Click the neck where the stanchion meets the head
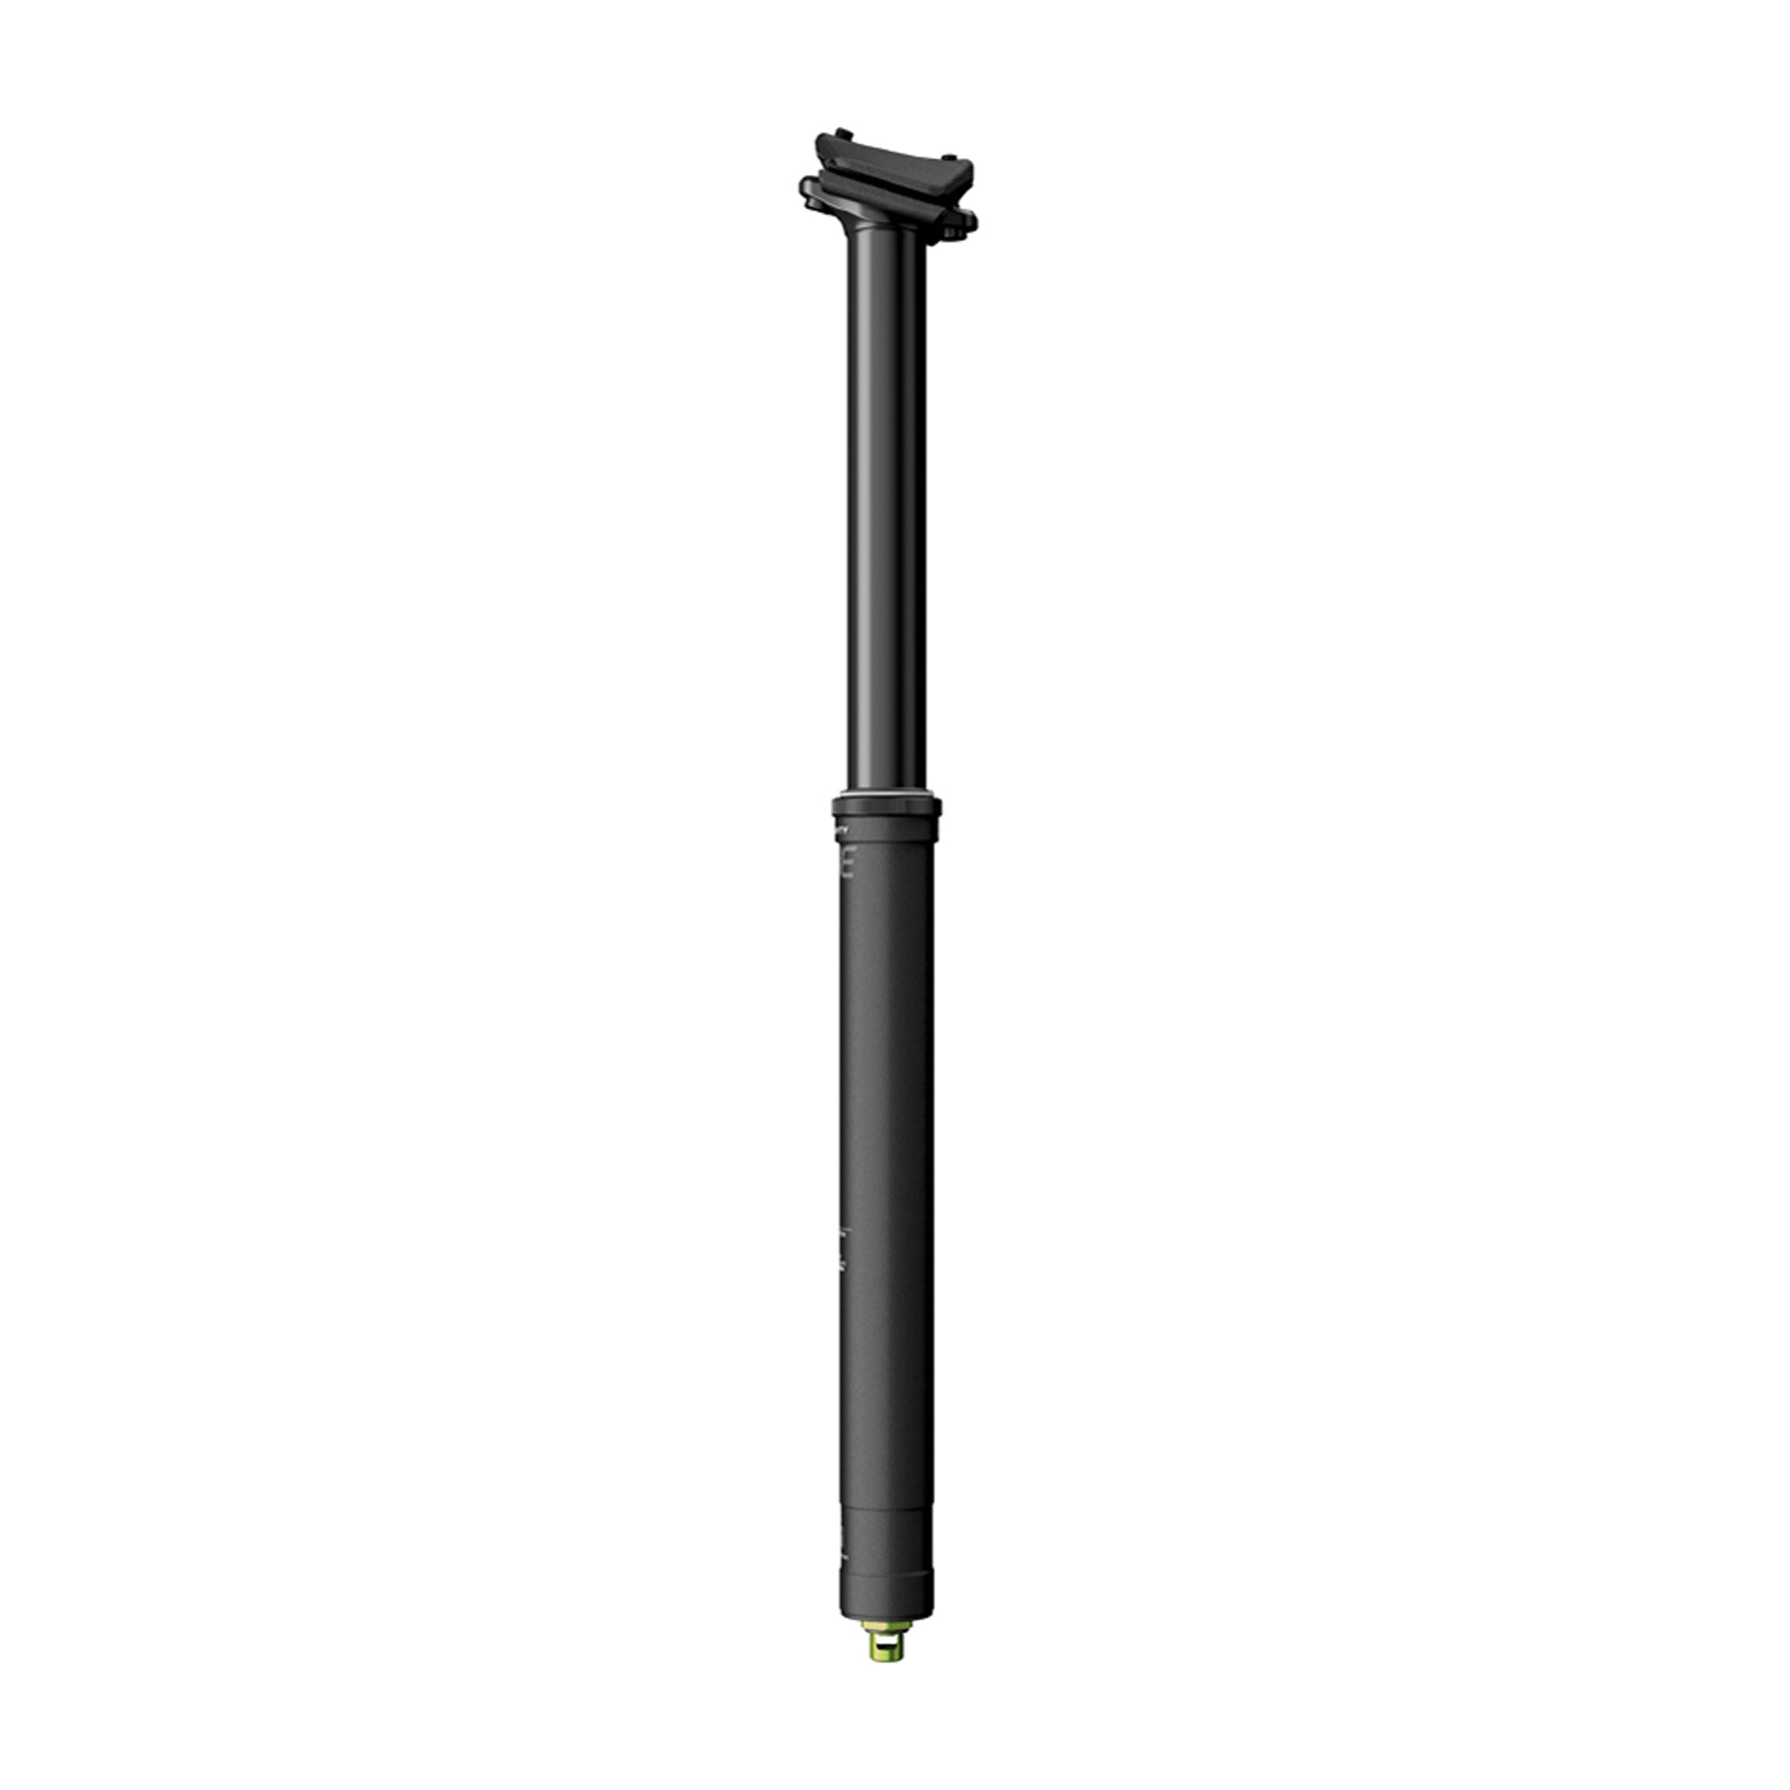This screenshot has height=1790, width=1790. tap(884, 226)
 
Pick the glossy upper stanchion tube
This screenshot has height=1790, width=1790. tap(885, 510)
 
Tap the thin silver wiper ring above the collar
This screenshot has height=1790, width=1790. tap(885, 794)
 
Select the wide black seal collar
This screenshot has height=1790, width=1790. tap(885, 807)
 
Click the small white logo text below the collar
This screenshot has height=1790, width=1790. tap(843, 831)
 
